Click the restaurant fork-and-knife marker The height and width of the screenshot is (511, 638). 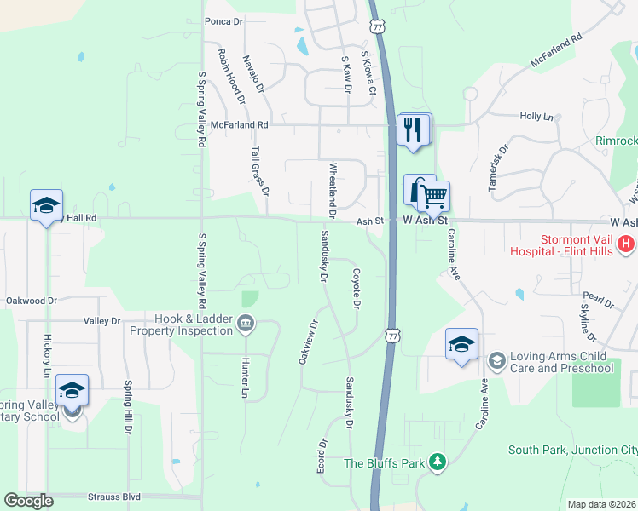tap(414, 130)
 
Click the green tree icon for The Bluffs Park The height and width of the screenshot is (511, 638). tap(438, 462)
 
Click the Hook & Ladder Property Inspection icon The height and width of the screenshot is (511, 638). tap(246, 323)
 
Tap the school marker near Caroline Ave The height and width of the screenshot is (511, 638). tap(461, 344)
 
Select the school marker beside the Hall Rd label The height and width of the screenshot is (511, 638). tap(46, 205)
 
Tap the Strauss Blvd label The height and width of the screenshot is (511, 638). tap(113, 496)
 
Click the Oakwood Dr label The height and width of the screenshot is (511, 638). tap(31, 301)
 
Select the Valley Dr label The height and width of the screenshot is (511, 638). tap(102, 321)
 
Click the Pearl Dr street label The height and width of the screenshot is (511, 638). tap(600, 301)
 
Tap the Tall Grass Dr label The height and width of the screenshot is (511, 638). tap(259, 170)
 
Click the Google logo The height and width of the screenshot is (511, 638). tap(29, 500)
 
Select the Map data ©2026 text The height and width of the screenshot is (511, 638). tap(601, 504)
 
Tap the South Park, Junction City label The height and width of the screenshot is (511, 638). tap(571, 450)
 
